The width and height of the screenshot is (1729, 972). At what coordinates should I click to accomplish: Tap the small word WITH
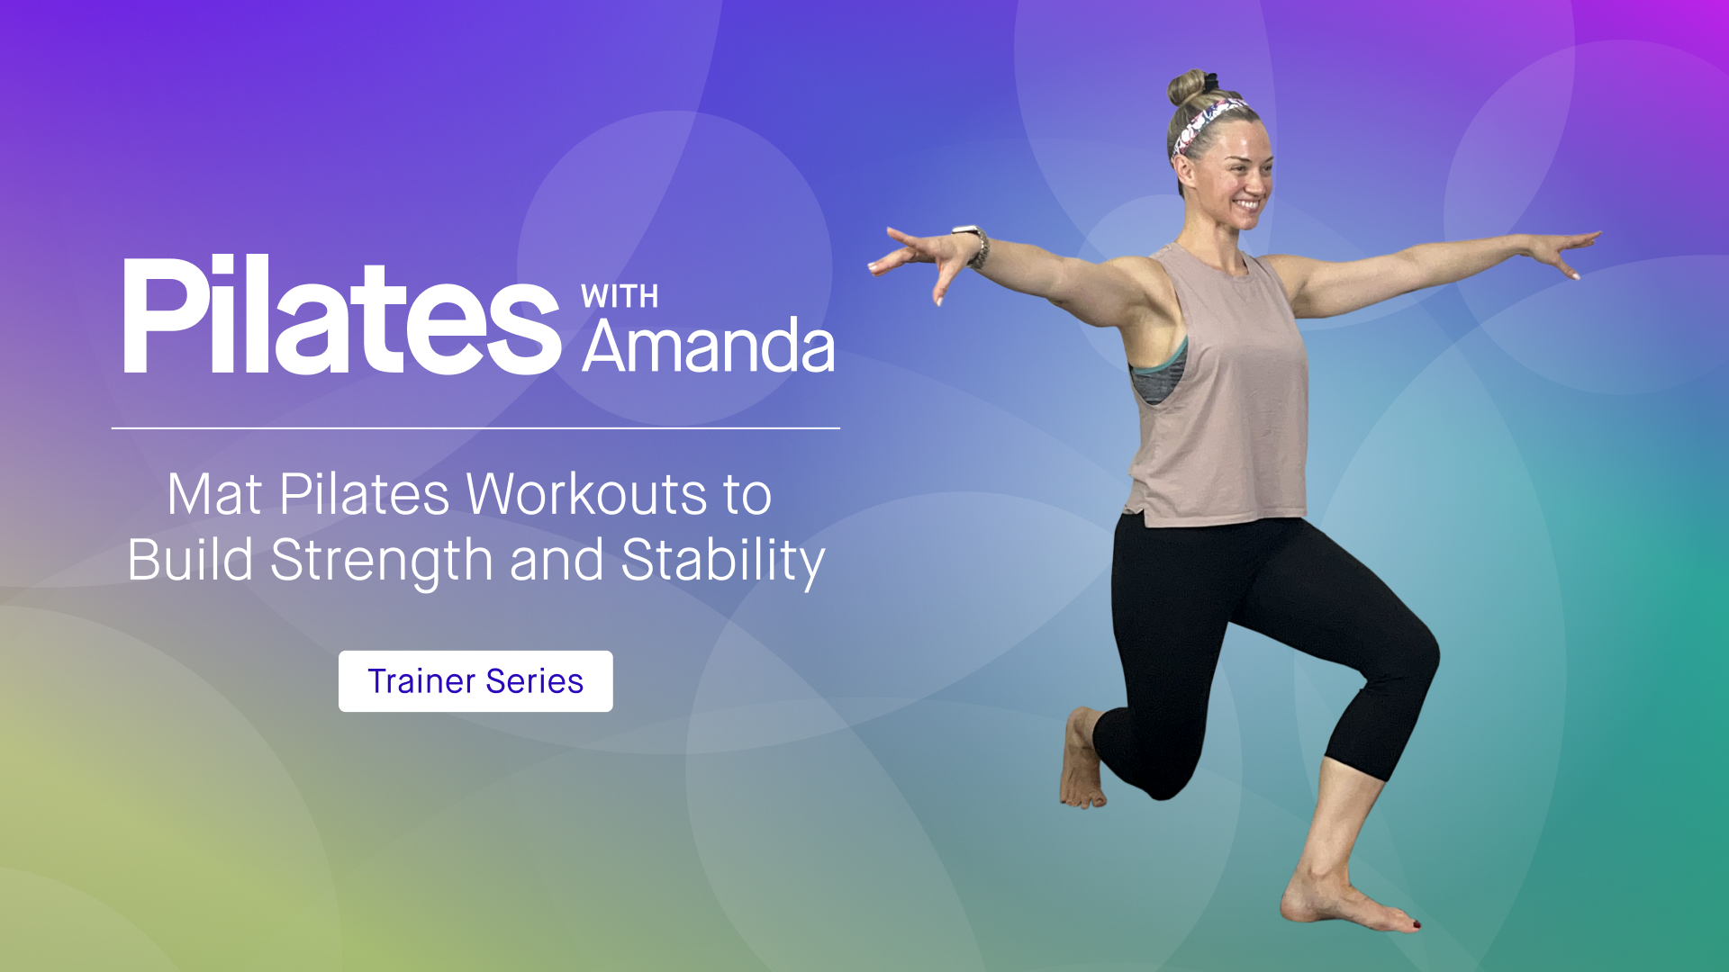(x=620, y=296)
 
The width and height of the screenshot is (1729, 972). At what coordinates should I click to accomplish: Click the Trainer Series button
(x=475, y=681)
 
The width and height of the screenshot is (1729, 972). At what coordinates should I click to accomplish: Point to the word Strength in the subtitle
(x=382, y=560)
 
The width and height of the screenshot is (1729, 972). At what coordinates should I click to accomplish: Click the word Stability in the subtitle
(x=722, y=560)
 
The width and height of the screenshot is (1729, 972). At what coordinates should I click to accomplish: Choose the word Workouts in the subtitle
(x=587, y=494)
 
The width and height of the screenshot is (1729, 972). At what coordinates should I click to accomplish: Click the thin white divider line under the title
(x=475, y=428)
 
